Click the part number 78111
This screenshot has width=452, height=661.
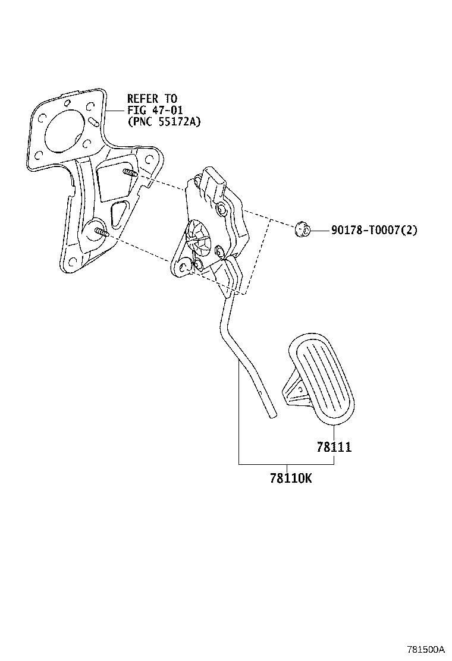(x=334, y=447)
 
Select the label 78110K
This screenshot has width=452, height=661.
(x=290, y=477)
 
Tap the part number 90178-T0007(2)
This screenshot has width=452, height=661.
(x=373, y=230)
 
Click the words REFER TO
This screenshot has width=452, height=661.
(x=152, y=99)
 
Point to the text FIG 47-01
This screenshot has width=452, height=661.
(x=155, y=110)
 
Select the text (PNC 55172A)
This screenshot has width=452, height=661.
(x=165, y=122)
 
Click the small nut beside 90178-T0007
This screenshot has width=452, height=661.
(x=302, y=228)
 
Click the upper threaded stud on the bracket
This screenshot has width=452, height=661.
(x=130, y=173)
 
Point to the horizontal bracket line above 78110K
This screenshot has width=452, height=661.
(x=285, y=463)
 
